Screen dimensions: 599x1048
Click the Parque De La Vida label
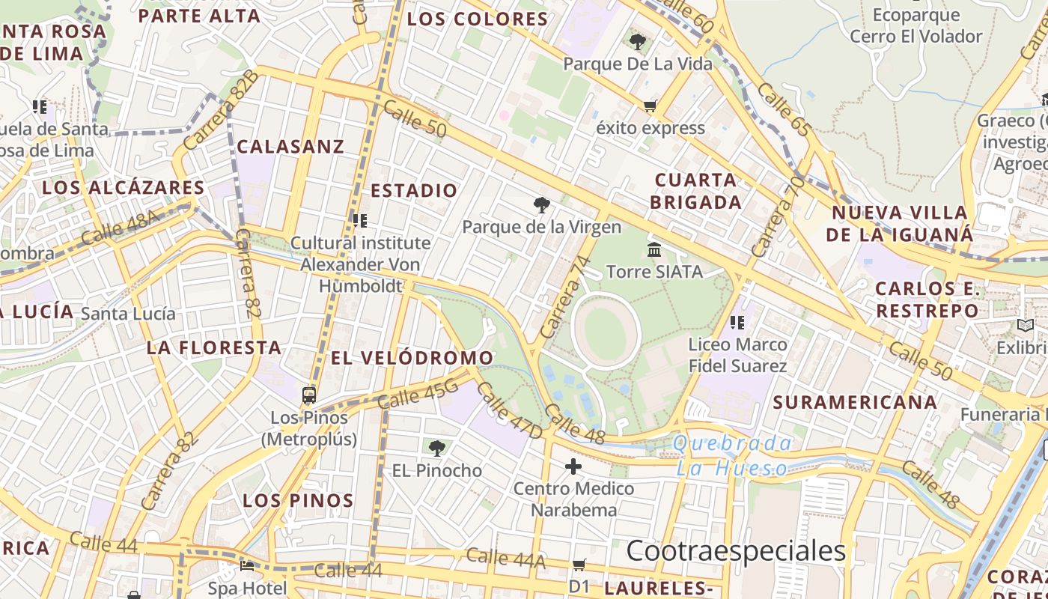638,64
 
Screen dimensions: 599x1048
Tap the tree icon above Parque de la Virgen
541,205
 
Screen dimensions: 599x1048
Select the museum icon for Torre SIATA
654,249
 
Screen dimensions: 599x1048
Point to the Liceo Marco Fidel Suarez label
737,356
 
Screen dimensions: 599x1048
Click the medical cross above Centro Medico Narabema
573,467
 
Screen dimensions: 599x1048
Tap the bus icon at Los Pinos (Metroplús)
309,395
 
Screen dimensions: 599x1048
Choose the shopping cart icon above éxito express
650,106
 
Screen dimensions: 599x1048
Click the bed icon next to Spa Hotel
247,566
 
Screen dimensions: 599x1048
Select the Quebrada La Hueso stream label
732,456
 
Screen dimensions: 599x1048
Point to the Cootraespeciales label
736,551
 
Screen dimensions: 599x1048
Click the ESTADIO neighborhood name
414,191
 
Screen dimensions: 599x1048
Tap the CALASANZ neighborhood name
290,147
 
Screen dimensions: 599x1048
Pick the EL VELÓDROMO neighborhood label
412,358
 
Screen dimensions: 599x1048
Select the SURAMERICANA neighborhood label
855,402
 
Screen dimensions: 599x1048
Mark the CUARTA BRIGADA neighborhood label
695,191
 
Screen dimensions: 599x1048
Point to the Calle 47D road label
509,411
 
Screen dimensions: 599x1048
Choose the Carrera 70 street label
778,216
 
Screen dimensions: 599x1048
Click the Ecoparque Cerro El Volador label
916,25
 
